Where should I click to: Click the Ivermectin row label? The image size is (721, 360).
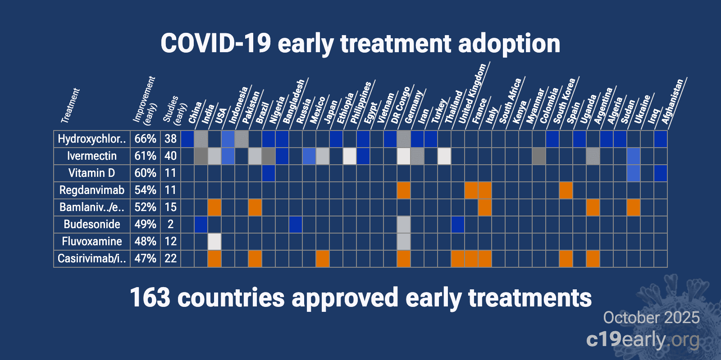(92, 156)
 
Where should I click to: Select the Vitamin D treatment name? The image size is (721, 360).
(92, 173)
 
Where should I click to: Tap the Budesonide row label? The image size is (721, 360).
(92, 225)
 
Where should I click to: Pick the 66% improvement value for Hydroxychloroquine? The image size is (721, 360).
(145, 139)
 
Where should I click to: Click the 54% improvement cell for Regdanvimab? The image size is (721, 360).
(145, 190)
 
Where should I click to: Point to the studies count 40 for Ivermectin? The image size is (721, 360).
(170, 156)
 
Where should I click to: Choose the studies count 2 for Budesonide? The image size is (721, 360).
(170, 225)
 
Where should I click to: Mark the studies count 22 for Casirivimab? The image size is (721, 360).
(170, 259)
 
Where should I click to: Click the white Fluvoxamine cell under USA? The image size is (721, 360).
(214, 242)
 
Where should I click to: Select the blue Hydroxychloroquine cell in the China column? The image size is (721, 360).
(187, 139)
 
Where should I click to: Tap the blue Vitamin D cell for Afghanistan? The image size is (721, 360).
(661, 173)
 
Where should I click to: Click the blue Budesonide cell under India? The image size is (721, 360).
(201, 225)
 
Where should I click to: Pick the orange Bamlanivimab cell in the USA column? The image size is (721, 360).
(214, 207)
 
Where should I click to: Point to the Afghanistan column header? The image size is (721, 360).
(672, 102)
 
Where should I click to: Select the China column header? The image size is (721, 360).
(195, 112)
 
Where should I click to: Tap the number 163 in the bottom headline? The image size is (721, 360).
(150, 298)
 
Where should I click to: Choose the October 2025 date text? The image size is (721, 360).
(651, 318)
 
